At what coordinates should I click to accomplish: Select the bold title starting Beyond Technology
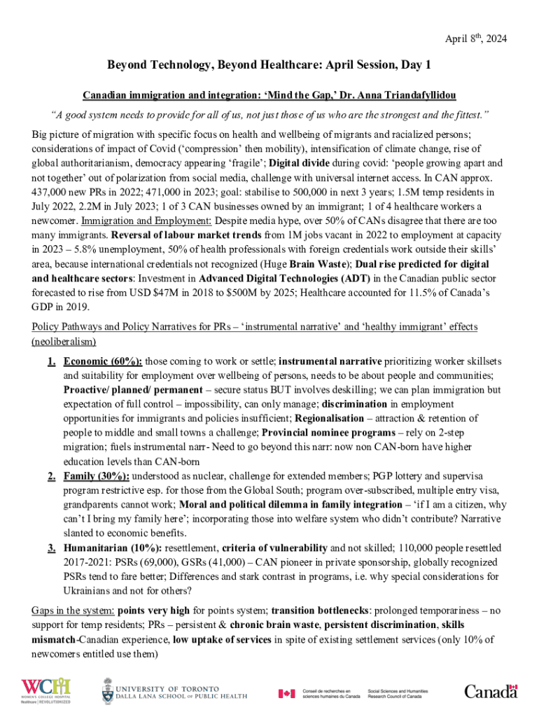click(269, 65)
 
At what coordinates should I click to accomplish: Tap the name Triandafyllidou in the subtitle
click(421, 95)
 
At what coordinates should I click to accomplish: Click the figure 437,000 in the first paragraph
click(50, 191)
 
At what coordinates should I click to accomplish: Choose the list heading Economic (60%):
click(103, 361)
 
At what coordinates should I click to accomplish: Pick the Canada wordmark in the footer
click(491, 692)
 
